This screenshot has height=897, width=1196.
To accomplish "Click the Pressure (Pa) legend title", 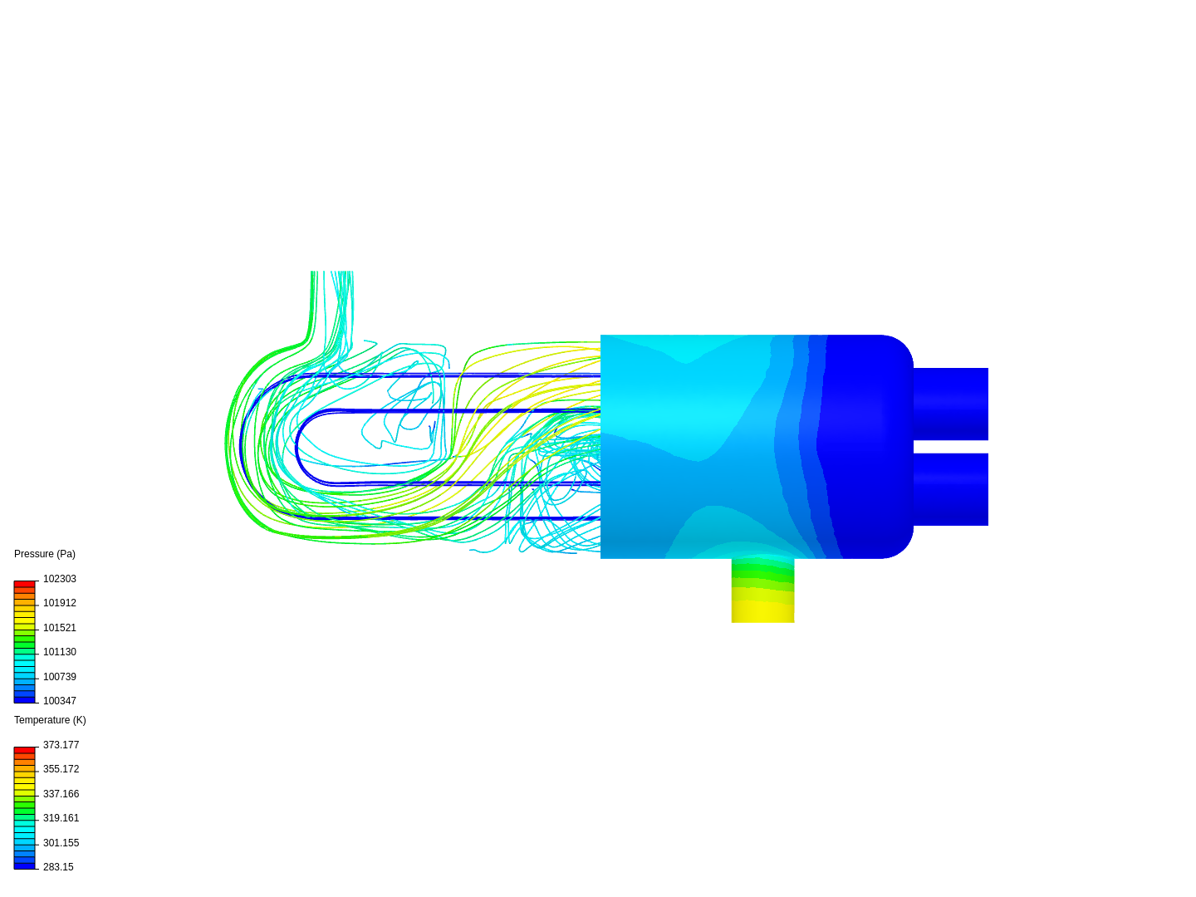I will [45, 554].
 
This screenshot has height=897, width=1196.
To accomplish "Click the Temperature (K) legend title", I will [50, 720].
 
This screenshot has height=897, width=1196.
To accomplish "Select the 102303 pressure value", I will [59, 579].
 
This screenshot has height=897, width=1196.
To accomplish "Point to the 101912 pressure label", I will [59, 603].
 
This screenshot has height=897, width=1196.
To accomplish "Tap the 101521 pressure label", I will [59, 628].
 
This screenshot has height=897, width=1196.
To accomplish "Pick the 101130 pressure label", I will [59, 652].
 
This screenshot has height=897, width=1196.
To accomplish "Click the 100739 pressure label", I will [59, 677].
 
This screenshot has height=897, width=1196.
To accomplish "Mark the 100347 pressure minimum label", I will [59, 701].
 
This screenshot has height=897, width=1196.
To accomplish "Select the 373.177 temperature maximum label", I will [61, 745].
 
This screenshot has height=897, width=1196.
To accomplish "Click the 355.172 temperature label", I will [61, 769].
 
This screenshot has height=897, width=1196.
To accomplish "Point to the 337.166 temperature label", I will [61, 794].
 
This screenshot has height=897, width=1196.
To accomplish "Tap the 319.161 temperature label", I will [61, 818].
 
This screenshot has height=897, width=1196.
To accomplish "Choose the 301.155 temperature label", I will [61, 843].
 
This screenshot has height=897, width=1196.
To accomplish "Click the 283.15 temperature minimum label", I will [58, 867].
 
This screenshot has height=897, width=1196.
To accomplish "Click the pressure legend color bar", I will [24, 641].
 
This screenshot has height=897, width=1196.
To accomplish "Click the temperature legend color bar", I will [24, 807].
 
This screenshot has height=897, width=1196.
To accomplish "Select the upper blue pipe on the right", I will [950, 404].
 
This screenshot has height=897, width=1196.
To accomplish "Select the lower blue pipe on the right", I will [950, 489].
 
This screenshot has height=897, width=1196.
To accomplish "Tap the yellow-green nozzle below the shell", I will [762, 591].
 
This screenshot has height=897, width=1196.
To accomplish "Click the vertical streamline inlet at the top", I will [332, 299].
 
